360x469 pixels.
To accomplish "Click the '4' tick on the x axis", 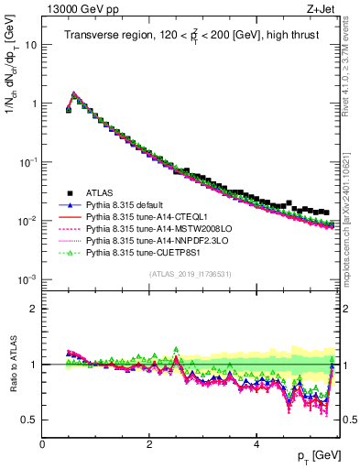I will click(256, 444).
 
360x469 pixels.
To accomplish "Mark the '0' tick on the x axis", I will click(42, 444).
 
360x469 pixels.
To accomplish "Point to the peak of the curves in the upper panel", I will click(74, 93).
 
